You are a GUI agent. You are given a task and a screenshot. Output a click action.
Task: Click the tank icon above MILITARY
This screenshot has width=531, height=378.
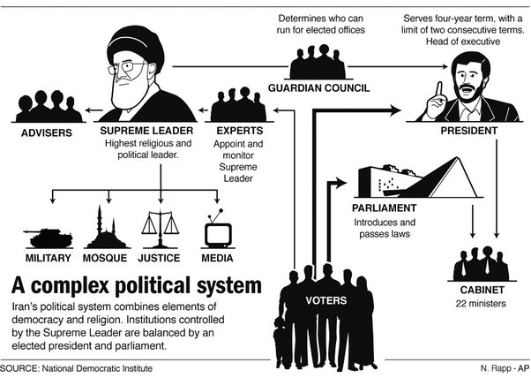pyautogui.click(x=38, y=236)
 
